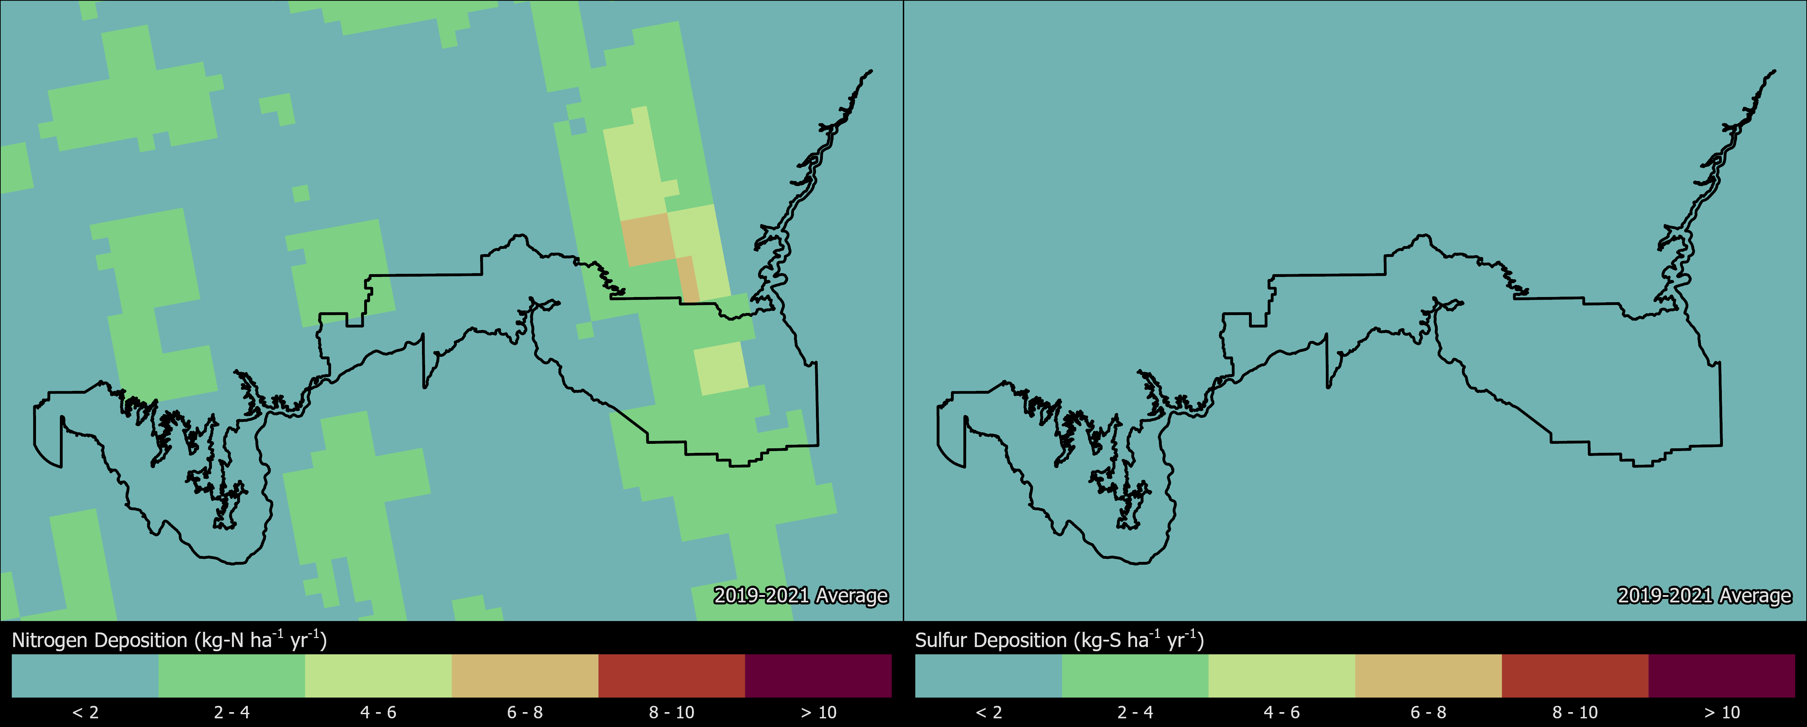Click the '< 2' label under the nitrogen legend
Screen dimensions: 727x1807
(86, 712)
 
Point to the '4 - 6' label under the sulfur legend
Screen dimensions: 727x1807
(1282, 712)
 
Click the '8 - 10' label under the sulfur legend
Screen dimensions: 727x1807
(1575, 712)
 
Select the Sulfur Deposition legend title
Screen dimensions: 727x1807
(1059, 640)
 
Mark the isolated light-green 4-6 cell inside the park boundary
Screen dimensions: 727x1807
(721, 368)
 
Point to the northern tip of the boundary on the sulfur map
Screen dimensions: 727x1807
(1774, 71)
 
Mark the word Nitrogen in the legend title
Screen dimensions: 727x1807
(51, 640)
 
